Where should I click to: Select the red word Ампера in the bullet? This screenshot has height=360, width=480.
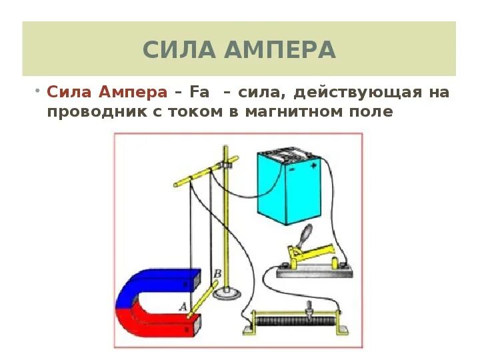136,92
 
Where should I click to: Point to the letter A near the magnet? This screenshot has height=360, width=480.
182,306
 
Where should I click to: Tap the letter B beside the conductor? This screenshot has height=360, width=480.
217,273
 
